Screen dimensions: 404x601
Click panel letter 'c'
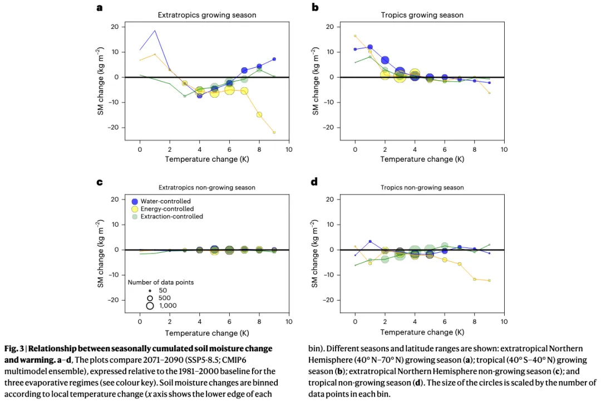pos(99,182)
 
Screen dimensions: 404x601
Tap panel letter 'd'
pos(314,182)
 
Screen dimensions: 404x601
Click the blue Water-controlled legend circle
pos(134,201)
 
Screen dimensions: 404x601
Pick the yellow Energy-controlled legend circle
pos(134,209)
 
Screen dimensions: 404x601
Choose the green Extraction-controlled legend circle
pos(134,217)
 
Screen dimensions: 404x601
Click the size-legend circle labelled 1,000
pos(150,306)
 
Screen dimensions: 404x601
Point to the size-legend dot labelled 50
pos(150,291)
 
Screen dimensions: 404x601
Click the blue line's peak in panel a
pos(155,31)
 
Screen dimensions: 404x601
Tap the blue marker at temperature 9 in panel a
pos(274,59)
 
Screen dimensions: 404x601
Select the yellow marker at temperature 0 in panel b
pos(355,36)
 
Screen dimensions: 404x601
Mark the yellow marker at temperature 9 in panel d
pos(490,281)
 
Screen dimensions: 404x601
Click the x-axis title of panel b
pos(422,159)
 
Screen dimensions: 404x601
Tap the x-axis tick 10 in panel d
pos(504,322)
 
